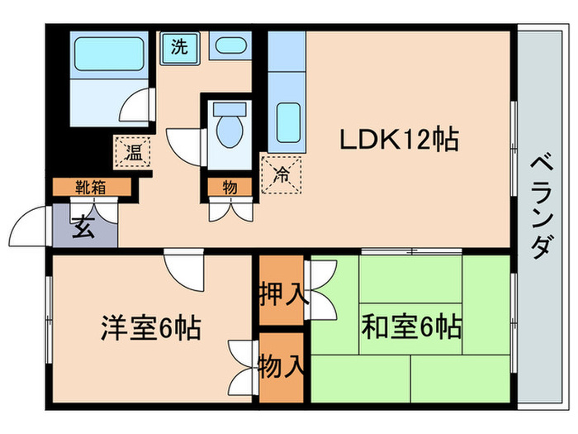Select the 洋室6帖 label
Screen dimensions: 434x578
click(x=151, y=328)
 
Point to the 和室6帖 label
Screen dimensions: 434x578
click(x=410, y=328)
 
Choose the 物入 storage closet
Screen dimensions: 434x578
click(x=280, y=363)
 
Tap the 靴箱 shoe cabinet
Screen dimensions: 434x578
click(x=92, y=187)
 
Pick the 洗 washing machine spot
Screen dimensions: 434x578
click(x=179, y=46)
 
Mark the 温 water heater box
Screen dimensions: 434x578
click(x=132, y=152)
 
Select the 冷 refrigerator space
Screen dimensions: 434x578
click(x=281, y=174)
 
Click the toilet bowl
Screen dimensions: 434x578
click(x=227, y=126)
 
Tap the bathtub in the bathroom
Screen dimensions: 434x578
click(x=107, y=55)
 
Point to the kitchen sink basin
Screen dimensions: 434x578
click(x=287, y=122)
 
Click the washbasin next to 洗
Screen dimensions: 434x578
click(x=227, y=46)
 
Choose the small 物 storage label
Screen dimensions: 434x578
click(x=229, y=187)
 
